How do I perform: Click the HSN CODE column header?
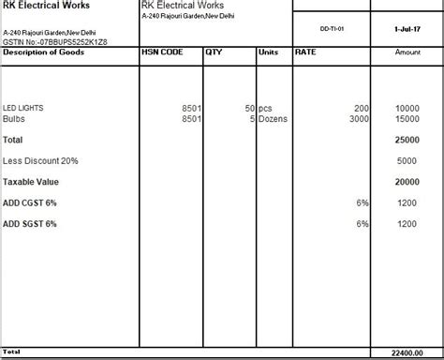point(163,52)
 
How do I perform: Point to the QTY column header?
point(215,52)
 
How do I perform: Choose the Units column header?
point(268,52)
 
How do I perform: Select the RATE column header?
point(305,52)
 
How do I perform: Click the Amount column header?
point(407,52)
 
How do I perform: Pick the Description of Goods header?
point(44,52)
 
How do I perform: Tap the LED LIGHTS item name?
point(23,108)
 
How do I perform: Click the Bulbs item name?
point(14,118)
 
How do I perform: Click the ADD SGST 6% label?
point(30,224)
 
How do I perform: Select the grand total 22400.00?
point(401,352)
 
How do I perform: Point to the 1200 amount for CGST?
point(407,202)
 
